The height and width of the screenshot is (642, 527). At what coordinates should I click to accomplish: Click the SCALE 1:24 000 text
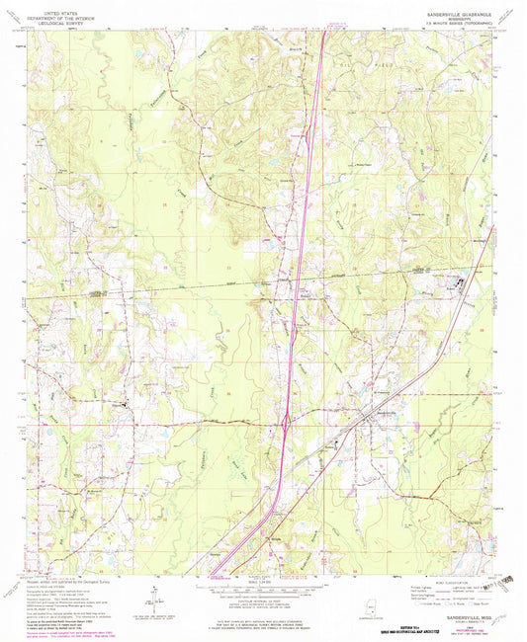tap(263, 580)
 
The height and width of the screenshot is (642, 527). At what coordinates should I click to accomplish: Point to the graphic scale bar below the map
tap(263, 590)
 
